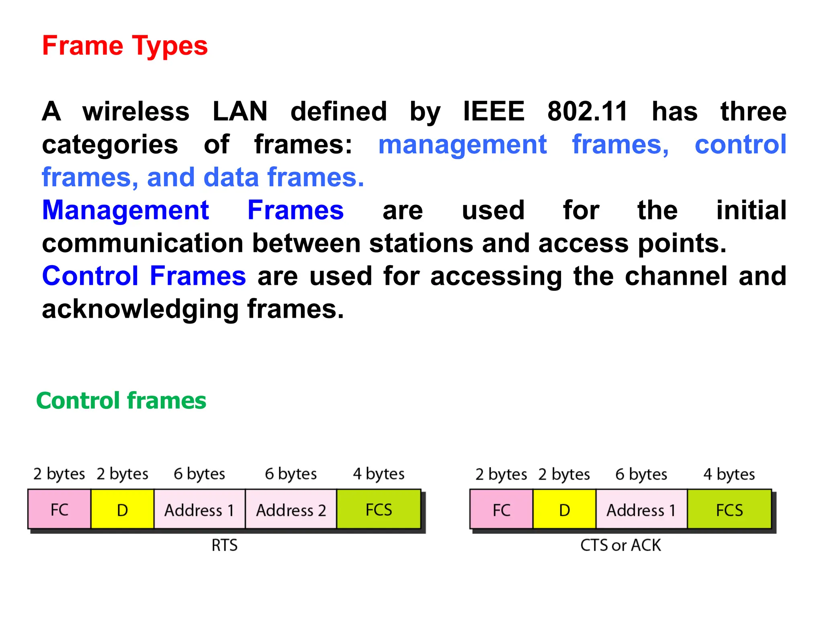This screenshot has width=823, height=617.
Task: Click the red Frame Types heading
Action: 125,46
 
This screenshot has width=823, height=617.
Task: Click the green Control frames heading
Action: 121,401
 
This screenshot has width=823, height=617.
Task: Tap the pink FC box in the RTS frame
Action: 59,509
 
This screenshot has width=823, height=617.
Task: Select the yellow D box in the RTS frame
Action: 122,509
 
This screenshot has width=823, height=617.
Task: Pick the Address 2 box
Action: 291,509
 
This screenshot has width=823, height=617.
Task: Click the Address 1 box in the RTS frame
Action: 199,509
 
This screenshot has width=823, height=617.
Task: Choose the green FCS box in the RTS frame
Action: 379,509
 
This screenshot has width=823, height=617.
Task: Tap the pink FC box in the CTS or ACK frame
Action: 501,509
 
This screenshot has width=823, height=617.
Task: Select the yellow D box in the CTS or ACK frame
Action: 564,509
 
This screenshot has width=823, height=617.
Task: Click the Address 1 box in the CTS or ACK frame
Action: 641,509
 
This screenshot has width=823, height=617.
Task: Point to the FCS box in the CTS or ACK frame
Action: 729,509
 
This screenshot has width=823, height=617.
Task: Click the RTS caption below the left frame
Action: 225,545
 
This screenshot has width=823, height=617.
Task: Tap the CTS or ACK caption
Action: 620,545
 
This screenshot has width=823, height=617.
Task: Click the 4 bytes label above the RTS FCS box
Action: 379,474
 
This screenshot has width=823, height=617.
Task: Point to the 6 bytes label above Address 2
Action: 291,474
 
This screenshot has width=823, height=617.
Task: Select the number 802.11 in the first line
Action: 587,111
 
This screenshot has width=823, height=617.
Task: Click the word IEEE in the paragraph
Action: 494,111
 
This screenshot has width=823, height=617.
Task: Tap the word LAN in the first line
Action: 240,111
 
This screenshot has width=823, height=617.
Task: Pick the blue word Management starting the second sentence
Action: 125,210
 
